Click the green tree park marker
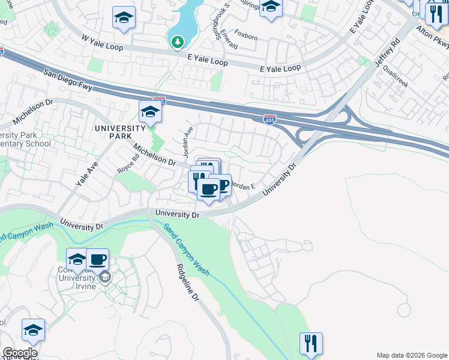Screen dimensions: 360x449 pos(176,42)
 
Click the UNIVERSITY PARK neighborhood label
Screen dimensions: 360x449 pos(119,132)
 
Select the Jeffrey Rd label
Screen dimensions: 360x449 pos(387,55)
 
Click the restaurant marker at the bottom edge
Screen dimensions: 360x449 pos(311,344)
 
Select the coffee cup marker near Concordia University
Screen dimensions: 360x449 pos(97,260)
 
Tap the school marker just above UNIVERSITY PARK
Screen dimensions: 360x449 pos(149,112)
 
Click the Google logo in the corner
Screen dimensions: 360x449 pos(19,353)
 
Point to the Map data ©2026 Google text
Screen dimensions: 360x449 pos(411,355)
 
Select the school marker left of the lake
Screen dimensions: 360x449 pos(124,18)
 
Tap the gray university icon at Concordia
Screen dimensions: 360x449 pos(105,277)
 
